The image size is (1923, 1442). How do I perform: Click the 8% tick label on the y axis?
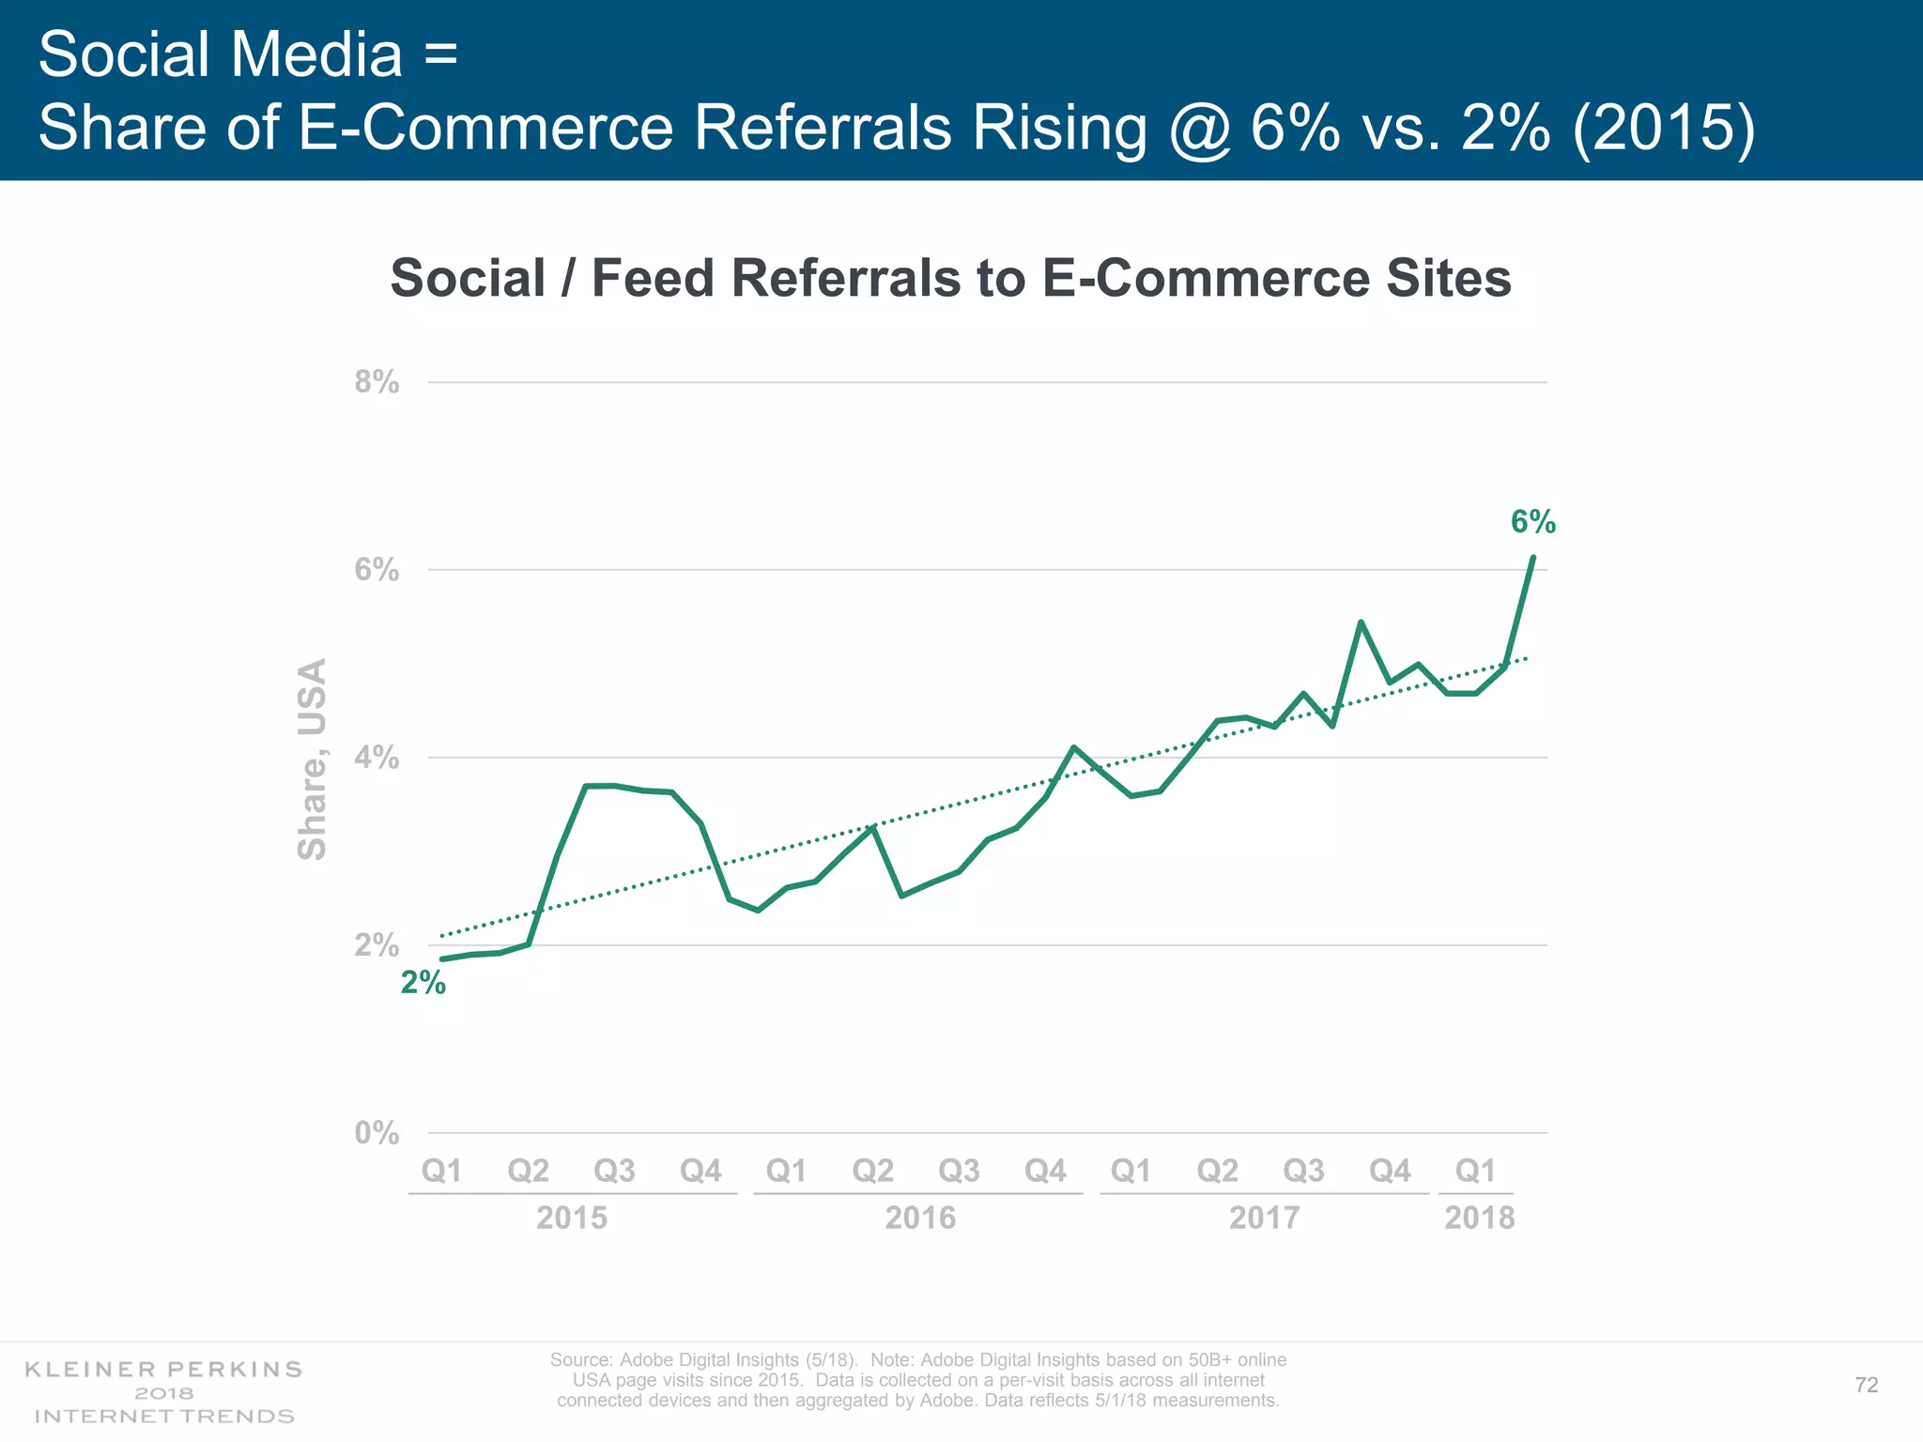[x=377, y=382]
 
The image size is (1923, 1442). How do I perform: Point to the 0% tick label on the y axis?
[x=377, y=1133]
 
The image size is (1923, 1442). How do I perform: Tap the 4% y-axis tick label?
[x=377, y=758]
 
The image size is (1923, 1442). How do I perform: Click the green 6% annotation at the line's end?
[x=1532, y=522]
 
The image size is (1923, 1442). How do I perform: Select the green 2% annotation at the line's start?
[x=423, y=983]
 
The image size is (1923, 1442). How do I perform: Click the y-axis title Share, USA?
[x=313, y=759]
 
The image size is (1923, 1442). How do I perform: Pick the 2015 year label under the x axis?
[x=572, y=1218]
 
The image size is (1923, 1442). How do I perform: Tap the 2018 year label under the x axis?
[x=1479, y=1218]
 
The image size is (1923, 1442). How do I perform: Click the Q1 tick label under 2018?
[x=1475, y=1171]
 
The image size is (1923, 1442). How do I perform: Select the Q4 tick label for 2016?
[x=1045, y=1171]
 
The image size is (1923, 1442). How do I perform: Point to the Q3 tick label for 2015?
[x=615, y=1171]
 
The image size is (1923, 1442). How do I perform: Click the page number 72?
[x=1867, y=1385]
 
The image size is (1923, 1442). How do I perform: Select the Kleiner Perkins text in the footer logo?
[x=163, y=1369]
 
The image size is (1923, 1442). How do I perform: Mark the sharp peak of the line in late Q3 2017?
[x=1361, y=621]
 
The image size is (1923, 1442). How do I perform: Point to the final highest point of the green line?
[x=1532, y=558]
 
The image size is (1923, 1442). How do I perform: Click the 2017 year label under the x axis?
[x=1264, y=1218]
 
